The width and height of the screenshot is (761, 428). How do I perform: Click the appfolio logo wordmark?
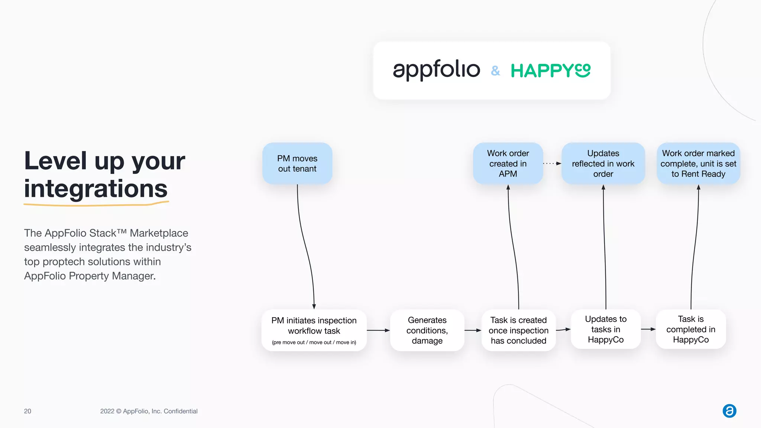pos(436,69)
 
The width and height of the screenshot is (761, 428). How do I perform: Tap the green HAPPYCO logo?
pos(550,71)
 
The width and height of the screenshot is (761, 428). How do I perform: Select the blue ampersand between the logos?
pos(495,71)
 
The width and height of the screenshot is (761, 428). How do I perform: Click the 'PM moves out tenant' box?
pos(297,163)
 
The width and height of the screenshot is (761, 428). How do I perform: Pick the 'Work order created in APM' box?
pos(508,163)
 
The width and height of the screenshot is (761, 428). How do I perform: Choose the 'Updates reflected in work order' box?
pos(603,163)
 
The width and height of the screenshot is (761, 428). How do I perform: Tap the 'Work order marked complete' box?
pos(698,163)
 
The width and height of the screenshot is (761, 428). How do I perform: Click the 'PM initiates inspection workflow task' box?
pos(314,330)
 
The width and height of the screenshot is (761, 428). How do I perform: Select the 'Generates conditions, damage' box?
pos(427,330)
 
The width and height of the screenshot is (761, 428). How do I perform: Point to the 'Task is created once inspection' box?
pos(518,330)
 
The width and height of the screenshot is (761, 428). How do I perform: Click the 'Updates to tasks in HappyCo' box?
pos(606,329)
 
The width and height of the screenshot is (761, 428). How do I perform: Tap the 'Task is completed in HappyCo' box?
pos(691,329)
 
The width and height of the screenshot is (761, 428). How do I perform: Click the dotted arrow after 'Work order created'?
pos(552,163)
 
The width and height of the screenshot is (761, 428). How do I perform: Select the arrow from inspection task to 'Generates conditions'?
pos(378,330)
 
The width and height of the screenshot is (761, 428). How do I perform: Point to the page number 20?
pos(27,411)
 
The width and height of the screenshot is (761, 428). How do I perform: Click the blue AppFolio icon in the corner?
pos(729,411)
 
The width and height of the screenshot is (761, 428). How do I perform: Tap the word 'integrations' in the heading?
pos(96,189)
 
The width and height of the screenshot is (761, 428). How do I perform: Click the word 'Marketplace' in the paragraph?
pos(159,233)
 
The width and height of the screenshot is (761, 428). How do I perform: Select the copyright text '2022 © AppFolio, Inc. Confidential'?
pos(149,411)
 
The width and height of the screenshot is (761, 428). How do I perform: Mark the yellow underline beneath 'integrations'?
pos(96,204)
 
